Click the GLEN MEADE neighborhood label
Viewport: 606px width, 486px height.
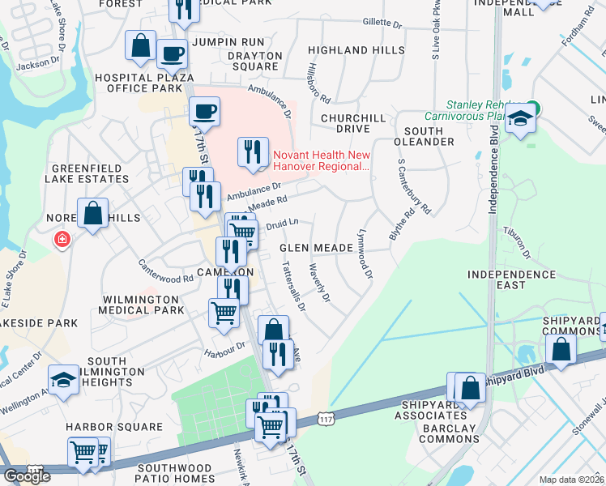pyautogui.click(x=316, y=248)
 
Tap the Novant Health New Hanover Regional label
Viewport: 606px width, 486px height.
pyautogui.click(x=322, y=160)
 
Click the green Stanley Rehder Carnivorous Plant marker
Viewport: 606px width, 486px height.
pyautogui.click(x=532, y=106)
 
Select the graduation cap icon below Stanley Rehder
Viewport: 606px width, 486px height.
pyautogui.click(x=519, y=120)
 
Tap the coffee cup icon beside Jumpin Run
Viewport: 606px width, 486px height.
pyautogui.click(x=172, y=54)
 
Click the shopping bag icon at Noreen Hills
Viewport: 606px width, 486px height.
pyautogui.click(x=93, y=214)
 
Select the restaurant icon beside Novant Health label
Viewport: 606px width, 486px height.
pyautogui.click(x=253, y=151)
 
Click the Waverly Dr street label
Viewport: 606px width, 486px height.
pyautogui.click(x=319, y=284)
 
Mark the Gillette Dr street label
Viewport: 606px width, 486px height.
pyautogui.click(x=382, y=23)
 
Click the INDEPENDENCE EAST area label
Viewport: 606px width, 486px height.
pyautogui.click(x=511, y=279)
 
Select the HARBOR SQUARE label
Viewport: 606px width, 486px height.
pyautogui.click(x=114, y=426)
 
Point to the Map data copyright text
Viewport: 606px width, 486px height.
pyautogui.click(x=571, y=480)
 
